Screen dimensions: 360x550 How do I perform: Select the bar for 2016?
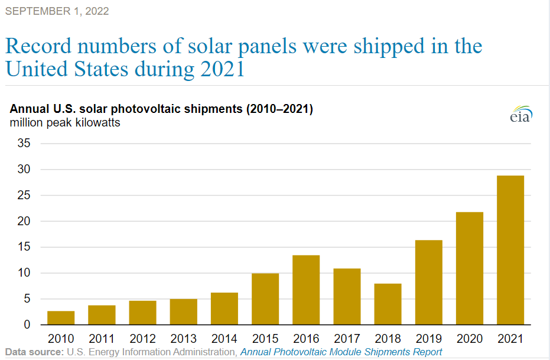click(306, 290)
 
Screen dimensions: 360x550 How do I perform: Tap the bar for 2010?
click(61, 317)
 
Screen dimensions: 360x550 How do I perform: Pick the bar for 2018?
click(388, 304)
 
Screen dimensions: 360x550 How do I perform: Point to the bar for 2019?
click(428, 282)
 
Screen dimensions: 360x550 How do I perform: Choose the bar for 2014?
click(224, 309)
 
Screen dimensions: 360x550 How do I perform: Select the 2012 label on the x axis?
click(142, 339)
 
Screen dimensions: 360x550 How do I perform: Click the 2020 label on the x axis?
click(469, 339)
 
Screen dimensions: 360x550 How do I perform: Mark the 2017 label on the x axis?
click(347, 339)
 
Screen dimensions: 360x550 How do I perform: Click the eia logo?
click(520, 115)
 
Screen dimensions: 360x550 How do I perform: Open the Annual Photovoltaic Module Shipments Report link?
click(341, 352)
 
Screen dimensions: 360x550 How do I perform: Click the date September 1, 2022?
click(57, 11)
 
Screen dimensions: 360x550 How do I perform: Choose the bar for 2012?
click(142, 313)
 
